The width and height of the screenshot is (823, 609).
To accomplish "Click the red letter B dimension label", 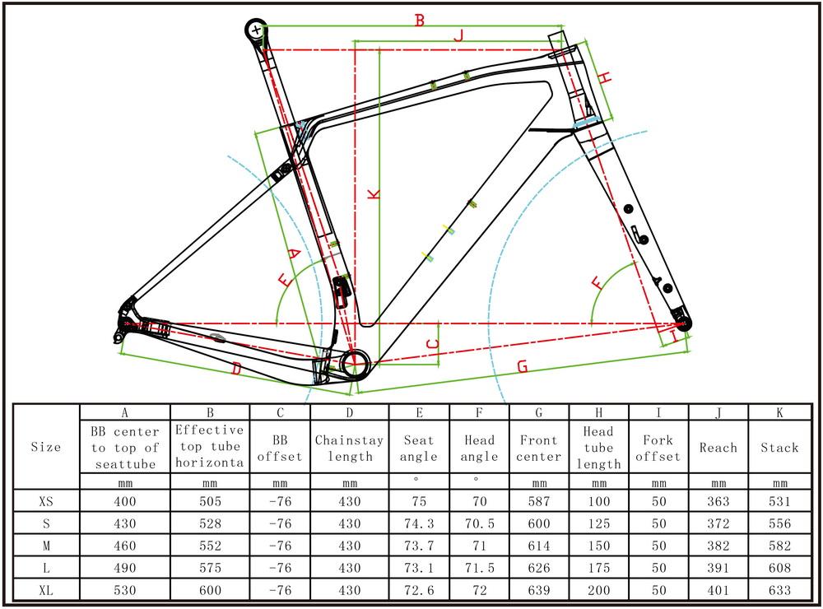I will pos(419,20).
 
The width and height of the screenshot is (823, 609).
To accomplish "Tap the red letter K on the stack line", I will pos(373,193).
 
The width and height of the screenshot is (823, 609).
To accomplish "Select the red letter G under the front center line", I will pos(522,367).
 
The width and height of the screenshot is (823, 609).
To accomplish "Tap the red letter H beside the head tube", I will pos(605,78).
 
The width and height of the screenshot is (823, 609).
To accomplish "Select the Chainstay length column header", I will pos(349,448).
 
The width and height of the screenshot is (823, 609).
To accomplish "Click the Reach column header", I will pos(718,448).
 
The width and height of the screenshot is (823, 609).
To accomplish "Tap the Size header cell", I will pos(45,448).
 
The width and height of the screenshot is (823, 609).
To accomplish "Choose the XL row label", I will pos(45,590).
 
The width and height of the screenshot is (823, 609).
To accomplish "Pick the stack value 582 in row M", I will pos(778,546).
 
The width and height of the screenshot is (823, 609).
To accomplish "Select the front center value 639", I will pos(539,590).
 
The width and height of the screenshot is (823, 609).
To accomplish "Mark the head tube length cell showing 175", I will pos(598,568).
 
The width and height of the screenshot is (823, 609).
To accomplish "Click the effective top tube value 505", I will pos(210,500).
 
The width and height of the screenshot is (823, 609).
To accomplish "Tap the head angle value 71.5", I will pos(479,568).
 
